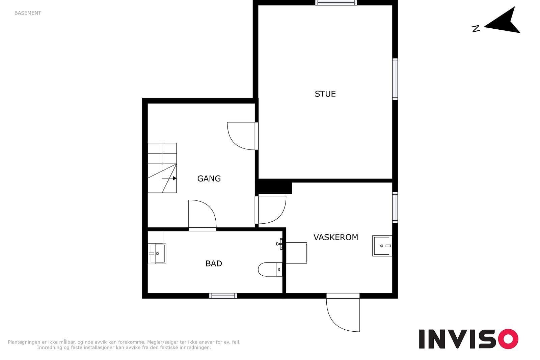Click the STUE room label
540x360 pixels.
[x=325, y=94]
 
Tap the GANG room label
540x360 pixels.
[x=209, y=178]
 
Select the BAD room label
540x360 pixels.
[x=214, y=264]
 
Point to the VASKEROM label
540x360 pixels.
[x=336, y=237]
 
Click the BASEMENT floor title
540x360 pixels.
[x=28, y=13]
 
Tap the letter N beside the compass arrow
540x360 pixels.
[x=476, y=29]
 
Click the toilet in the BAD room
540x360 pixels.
[x=270, y=269]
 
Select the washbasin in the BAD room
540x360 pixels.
[x=157, y=253]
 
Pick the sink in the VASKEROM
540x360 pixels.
[x=382, y=246]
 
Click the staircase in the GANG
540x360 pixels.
[x=162, y=168]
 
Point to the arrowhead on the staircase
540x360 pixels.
[x=174, y=178]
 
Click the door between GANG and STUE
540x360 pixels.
[x=243, y=136]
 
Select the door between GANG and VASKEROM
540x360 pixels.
[x=271, y=210]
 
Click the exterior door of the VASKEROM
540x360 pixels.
[x=343, y=312]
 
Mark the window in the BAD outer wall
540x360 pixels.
[x=223, y=296]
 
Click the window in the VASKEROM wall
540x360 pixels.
[x=395, y=207]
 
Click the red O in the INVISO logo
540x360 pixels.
[x=508, y=339]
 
